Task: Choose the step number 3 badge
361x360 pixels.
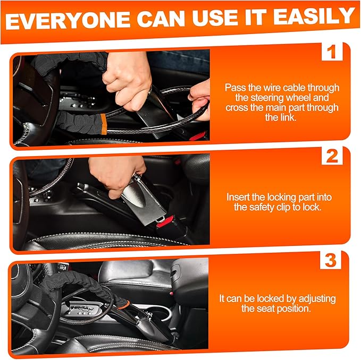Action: (331, 261)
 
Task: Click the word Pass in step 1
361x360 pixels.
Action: (234, 88)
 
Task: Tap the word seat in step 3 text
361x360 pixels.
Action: (264, 308)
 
